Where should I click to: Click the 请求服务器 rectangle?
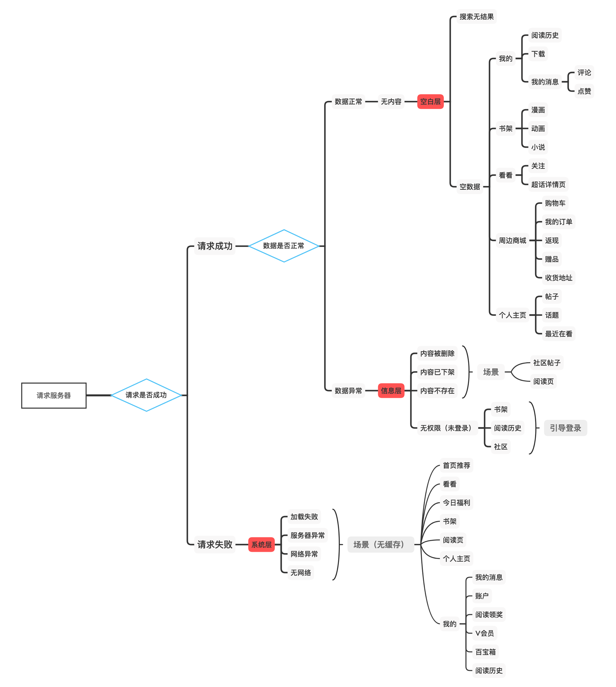tap(54, 395)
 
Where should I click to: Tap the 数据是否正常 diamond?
tap(284, 246)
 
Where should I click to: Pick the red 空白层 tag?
tap(430, 101)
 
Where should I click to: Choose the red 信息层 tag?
tap(391, 391)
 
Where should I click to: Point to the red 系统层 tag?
tap(261, 545)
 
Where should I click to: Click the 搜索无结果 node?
tap(476, 17)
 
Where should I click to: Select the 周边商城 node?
tap(512, 241)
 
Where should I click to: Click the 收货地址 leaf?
tap(558, 278)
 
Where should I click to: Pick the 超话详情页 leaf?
tap(548, 184)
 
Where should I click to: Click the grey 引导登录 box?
tap(565, 428)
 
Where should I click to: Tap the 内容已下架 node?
tap(437, 372)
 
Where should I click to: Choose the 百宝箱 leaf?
tap(485, 652)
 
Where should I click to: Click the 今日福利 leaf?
tap(456, 503)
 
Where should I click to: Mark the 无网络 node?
tap(301, 573)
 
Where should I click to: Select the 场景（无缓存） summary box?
tap(380, 545)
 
